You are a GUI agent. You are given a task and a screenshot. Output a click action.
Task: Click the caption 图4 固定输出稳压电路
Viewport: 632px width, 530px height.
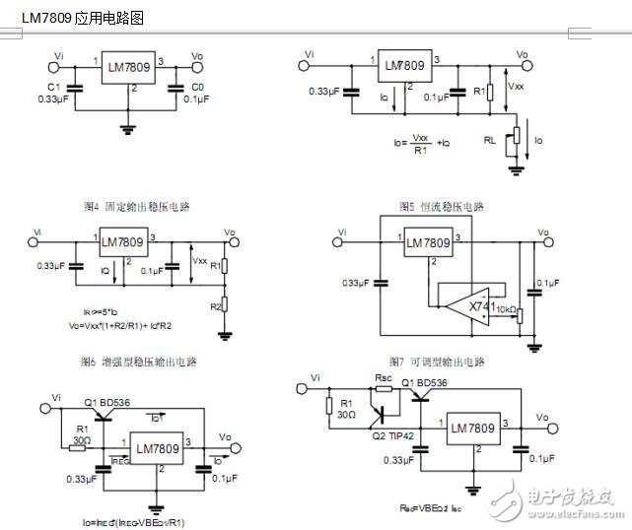pos(137,207)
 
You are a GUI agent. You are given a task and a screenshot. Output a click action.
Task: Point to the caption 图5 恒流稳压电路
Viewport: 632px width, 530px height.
pos(441,207)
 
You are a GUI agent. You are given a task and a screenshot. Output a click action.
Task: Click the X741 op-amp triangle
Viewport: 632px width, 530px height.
pos(478,305)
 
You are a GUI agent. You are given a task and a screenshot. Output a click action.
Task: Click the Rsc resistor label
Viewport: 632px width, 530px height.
pos(383,378)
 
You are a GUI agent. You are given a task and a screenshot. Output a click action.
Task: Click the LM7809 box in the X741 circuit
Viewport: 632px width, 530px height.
pos(428,243)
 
